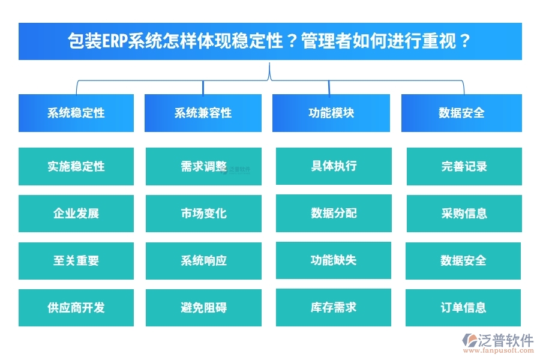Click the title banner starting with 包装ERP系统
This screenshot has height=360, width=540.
point(270,41)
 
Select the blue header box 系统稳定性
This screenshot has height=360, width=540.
point(76,113)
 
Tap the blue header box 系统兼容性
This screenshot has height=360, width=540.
point(203,113)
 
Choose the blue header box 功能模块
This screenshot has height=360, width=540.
point(331,113)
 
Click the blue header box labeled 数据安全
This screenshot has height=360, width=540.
point(461,113)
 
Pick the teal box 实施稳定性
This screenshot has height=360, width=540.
point(76,166)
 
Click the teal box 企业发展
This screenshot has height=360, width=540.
point(76,213)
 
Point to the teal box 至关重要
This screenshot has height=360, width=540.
point(76,260)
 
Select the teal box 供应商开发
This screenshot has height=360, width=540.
point(76,308)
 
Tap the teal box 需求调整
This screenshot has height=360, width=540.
point(203,166)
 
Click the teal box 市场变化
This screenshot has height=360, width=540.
point(203,213)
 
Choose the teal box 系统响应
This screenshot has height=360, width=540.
point(203,260)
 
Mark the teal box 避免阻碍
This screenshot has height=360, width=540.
point(203,308)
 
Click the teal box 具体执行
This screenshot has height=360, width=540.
point(334,166)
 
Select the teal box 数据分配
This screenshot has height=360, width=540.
point(334,213)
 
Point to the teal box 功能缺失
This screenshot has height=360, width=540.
point(334,260)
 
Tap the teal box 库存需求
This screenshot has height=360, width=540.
point(334,307)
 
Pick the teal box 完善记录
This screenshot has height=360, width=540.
point(464,166)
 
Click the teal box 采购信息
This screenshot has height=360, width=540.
point(464,213)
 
